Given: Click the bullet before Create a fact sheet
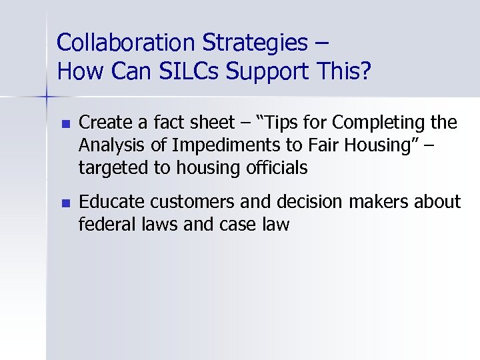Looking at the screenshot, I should click(x=64, y=124).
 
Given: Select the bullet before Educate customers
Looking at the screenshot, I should click(x=64, y=203).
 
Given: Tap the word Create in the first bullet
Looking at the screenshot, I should click(x=101, y=123).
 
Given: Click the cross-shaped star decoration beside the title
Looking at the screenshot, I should click(x=46, y=97).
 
